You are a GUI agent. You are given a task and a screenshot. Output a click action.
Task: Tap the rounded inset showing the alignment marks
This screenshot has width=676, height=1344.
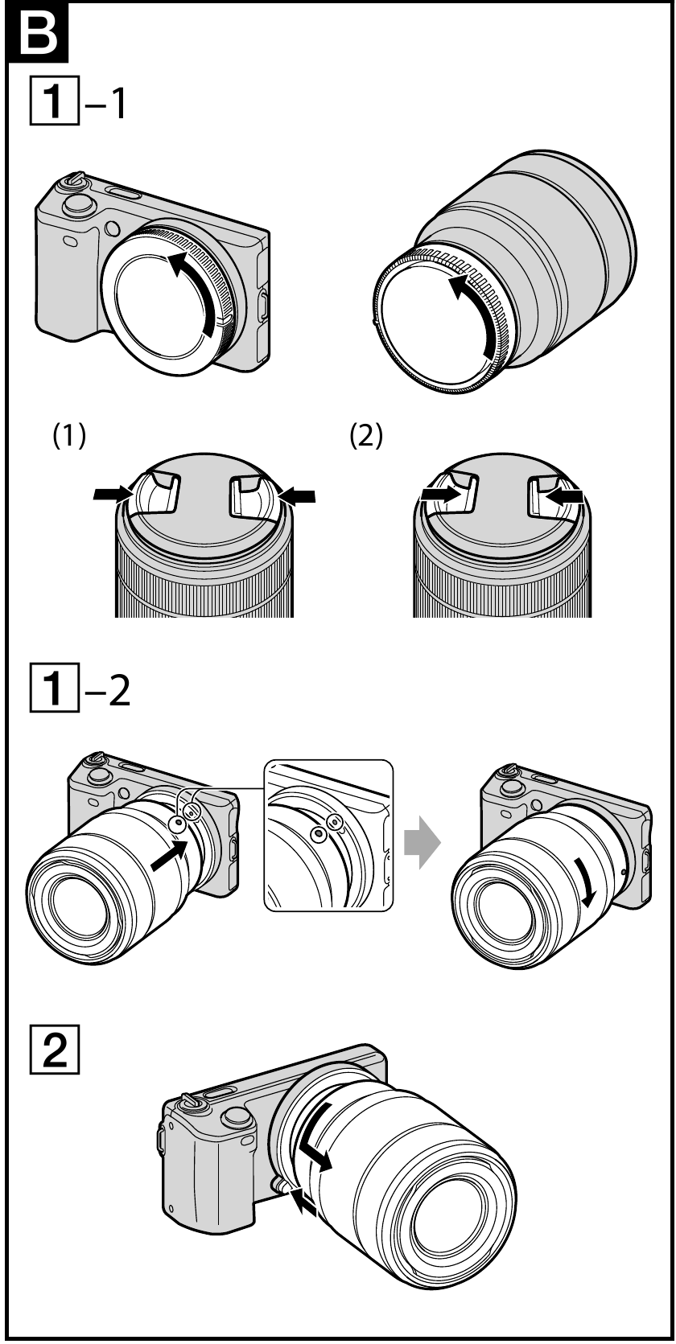[328, 834]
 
